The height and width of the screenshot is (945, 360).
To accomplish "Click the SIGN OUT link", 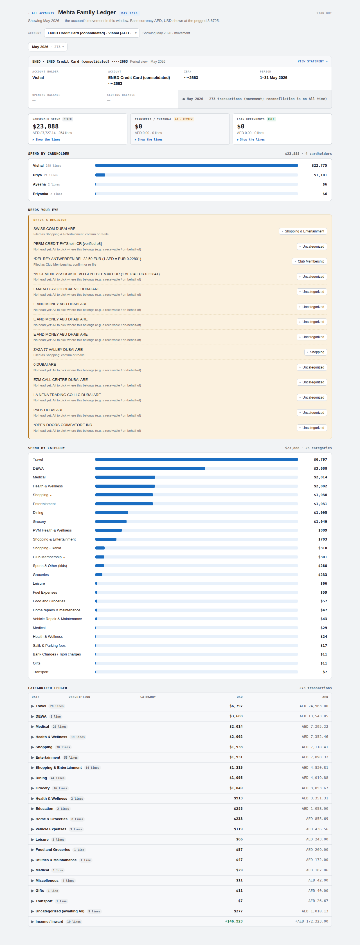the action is (x=324, y=13).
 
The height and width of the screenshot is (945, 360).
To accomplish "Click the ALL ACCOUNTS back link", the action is (x=41, y=13).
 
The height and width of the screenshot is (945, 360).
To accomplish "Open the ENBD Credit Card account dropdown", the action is (x=92, y=33).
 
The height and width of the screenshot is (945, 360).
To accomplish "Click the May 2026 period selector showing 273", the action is (x=48, y=47).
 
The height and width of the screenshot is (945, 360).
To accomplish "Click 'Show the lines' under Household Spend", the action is (x=47, y=139).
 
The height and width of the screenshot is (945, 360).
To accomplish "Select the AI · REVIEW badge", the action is (x=183, y=119).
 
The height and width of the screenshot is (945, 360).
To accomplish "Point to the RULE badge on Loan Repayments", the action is (x=271, y=119).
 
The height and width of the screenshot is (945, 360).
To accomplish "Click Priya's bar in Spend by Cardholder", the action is (x=100, y=175).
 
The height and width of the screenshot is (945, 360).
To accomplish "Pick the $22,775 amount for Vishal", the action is (x=319, y=166).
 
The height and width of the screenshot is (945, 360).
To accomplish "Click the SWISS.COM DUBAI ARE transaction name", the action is (x=54, y=229).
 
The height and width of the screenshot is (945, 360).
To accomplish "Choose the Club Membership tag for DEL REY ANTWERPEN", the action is (x=309, y=262).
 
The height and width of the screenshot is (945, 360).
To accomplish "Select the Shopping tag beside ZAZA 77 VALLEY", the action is (x=316, y=352).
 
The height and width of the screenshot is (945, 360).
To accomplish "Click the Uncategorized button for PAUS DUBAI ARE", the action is (x=312, y=413).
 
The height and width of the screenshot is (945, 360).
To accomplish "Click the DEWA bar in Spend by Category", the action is (x=150, y=469).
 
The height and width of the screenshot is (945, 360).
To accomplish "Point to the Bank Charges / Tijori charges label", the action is (x=57, y=654).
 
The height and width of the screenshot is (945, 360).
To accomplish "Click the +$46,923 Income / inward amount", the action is (x=234, y=921).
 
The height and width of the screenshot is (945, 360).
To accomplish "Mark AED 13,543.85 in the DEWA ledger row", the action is (x=314, y=716).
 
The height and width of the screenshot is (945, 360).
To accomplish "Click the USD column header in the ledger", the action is (x=240, y=697).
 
